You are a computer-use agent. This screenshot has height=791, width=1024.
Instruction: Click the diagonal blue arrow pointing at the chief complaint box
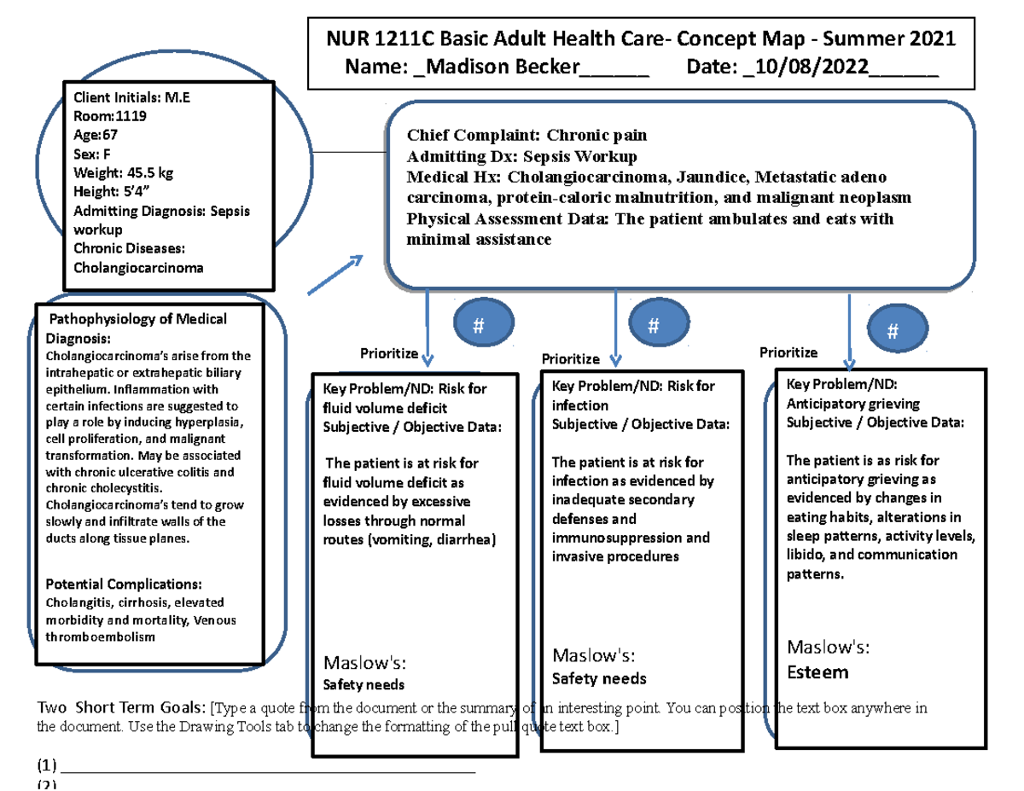coord(335,274)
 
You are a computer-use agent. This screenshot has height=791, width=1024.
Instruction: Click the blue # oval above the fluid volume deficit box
coord(478,325)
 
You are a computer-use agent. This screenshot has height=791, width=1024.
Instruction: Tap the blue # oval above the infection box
coord(654,325)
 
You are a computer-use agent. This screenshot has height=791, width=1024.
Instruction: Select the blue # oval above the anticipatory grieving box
coord(893,332)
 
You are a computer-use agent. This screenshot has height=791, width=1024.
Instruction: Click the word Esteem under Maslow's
coord(817,672)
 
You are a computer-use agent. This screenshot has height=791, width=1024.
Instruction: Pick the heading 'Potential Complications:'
coord(124,585)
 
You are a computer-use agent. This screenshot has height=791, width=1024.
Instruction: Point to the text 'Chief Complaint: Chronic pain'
coord(527,135)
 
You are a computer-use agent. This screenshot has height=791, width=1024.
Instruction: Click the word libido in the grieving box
coord(806,555)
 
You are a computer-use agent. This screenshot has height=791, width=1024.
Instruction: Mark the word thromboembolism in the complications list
coord(101,637)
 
